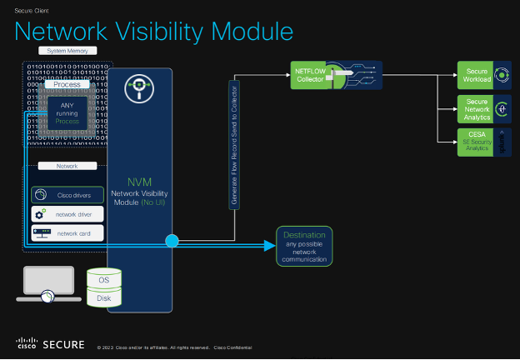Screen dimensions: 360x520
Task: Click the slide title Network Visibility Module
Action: (x=154, y=32)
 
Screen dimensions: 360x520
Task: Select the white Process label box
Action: (x=67, y=85)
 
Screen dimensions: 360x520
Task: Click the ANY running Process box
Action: (x=67, y=113)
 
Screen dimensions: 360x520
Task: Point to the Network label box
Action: (x=67, y=166)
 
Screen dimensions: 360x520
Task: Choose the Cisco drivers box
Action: (x=67, y=194)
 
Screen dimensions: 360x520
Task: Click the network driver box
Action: (x=67, y=214)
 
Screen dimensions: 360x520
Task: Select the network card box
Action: (x=67, y=233)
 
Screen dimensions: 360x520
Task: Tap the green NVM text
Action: (x=139, y=182)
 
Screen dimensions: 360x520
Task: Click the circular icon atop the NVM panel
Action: (x=139, y=90)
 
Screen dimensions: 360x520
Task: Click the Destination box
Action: (x=304, y=246)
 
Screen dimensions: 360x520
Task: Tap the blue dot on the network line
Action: (x=172, y=242)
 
